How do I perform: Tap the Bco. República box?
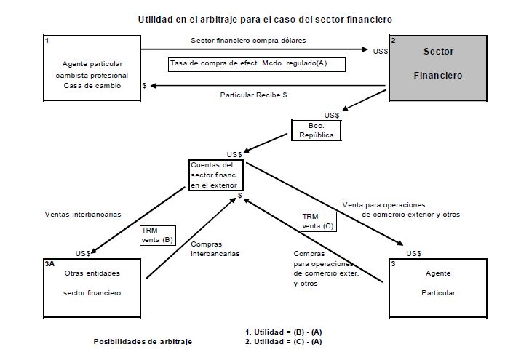click(316, 130)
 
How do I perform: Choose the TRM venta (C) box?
click(319, 220)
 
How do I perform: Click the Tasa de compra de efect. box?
click(255, 64)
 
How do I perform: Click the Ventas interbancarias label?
click(82, 215)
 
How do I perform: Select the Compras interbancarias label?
click(215, 249)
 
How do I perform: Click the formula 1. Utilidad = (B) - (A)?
click(284, 332)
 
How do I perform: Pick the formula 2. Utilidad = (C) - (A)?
click(284, 341)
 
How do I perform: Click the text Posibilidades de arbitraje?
click(143, 341)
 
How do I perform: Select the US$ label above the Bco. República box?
click(332, 115)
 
